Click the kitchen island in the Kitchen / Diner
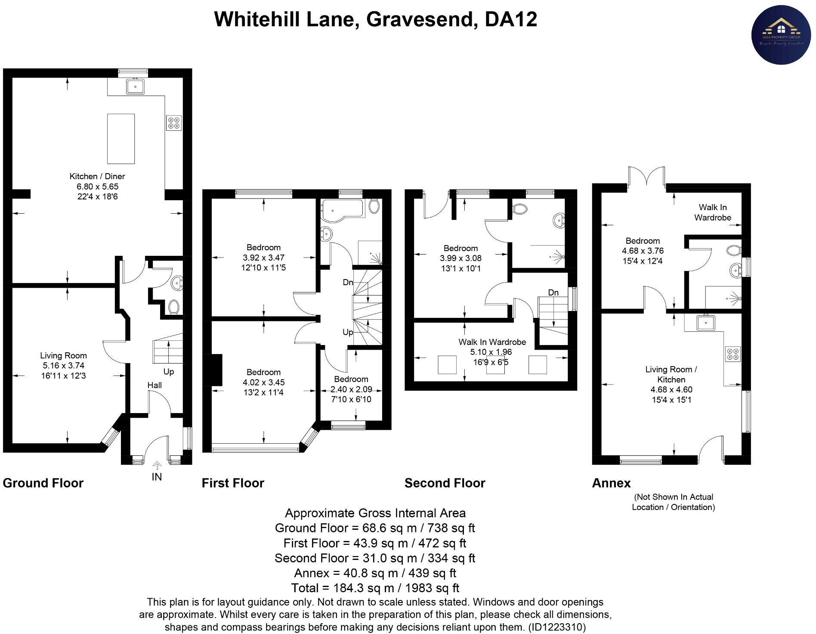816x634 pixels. click(x=121, y=139)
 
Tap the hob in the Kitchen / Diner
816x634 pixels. click(x=174, y=123)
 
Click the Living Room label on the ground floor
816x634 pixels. click(x=63, y=355)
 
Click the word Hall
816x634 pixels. click(x=155, y=385)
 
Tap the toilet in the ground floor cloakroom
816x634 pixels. click(x=174, y=307)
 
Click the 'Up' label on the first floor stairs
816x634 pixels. click(x=348, y=332)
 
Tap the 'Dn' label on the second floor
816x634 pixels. click(x=553, y=292)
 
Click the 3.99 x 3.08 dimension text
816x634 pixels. click(x=461, y=258)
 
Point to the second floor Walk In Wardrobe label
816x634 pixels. click(x=492, y=342)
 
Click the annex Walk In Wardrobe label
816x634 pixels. click(x=712, y=212)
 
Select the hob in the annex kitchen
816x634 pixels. click(x=732, y=354)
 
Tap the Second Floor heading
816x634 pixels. click(x=445, y=483)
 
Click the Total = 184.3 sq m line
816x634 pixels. click(x=375, y=588)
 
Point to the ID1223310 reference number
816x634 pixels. click(x=557, y=627)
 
